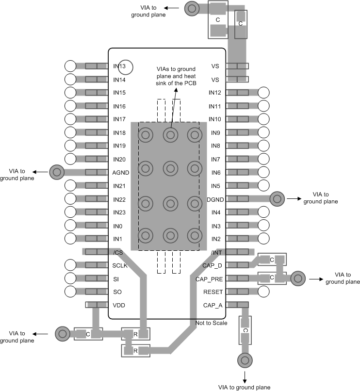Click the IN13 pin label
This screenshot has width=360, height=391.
[x=119, y=66]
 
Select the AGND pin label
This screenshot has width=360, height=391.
[x=121, y=172]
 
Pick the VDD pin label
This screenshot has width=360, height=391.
[x=119, y=305]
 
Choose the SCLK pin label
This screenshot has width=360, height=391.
[x=120, y=265]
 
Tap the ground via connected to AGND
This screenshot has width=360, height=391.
[x=56, y=171]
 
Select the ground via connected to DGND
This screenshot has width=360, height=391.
[x=277, y=198]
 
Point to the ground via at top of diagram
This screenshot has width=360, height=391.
[x=191, y=8]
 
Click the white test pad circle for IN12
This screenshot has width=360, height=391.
[x=264, y=92]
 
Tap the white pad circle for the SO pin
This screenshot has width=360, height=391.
[x=70, y=292]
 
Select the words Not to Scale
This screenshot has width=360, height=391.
[x=212, y=323]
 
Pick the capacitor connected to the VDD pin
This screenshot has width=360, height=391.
[x=88, y=334]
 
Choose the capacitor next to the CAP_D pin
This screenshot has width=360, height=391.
[x=272, y=261]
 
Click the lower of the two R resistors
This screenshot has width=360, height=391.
[x=135, y=350]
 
